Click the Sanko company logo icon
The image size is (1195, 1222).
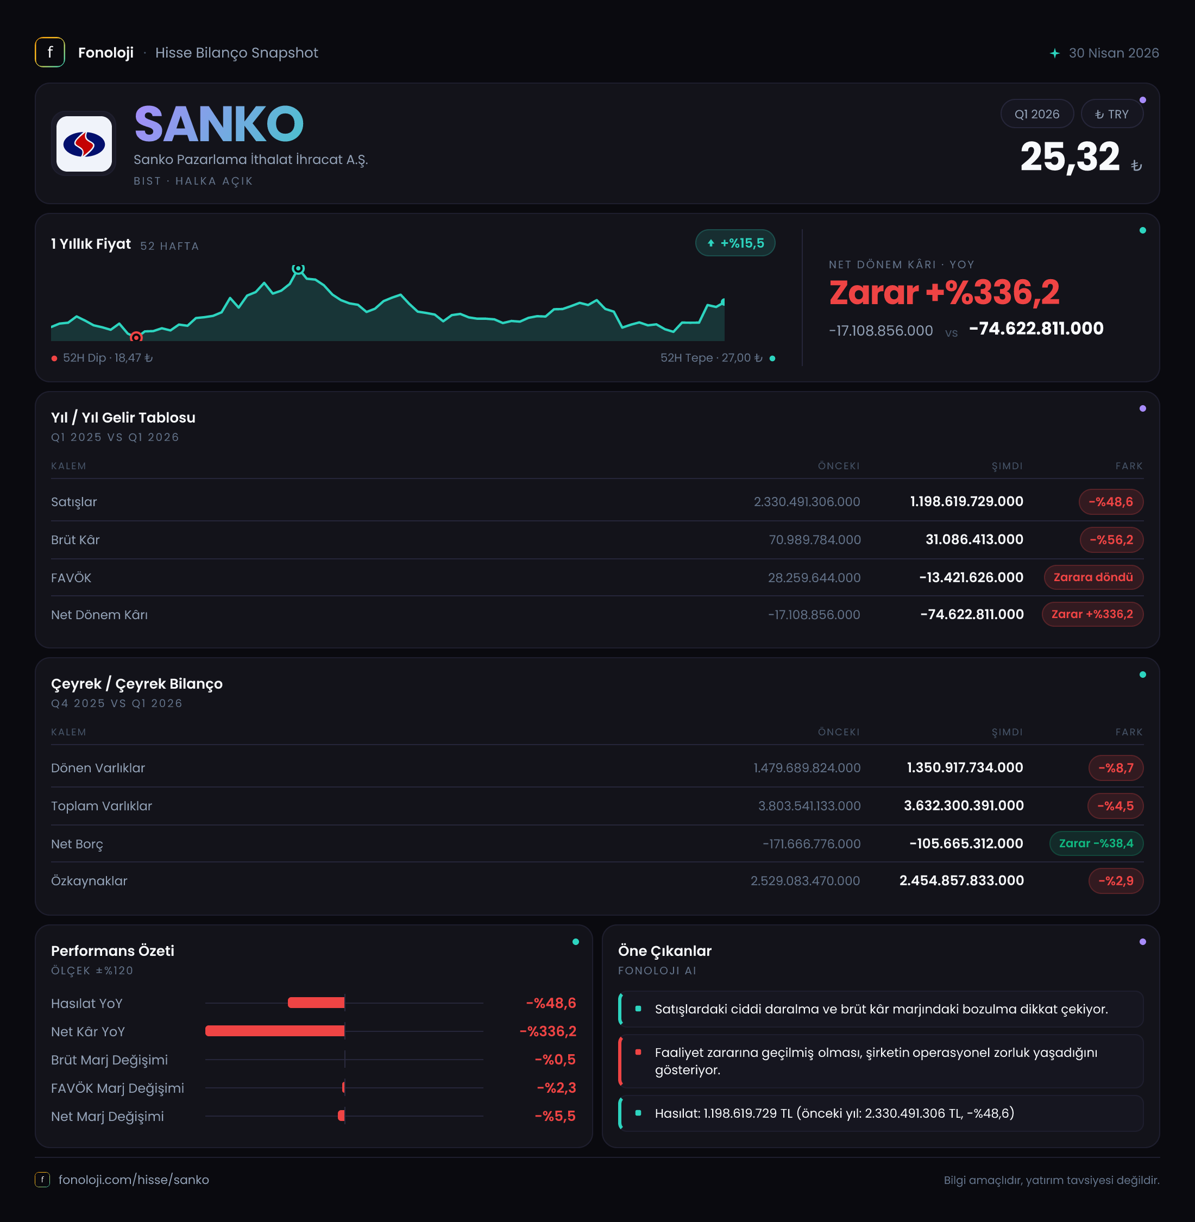84,144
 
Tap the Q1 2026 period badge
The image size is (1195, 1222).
1037,114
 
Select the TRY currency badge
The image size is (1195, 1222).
1111,114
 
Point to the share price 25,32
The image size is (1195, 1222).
1070,157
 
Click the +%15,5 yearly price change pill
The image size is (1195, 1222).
735,243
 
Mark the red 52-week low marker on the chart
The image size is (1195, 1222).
136,337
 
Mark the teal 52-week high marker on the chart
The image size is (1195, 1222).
298,269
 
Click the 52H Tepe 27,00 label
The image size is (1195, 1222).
711,358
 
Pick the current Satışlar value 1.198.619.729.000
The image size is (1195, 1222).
966,501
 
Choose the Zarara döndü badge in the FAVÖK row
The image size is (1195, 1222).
1093,577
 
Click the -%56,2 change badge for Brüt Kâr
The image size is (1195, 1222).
1111,540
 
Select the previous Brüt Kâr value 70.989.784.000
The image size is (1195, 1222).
815,540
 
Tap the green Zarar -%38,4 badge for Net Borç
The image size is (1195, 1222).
1096,843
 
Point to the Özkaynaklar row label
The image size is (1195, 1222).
89,881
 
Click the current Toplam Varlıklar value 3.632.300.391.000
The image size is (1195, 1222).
964,806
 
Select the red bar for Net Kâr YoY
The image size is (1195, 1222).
275,1031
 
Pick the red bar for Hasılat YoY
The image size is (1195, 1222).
316,1003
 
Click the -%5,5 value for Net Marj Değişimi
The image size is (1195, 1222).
555,1117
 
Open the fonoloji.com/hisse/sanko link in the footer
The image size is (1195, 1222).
134,1180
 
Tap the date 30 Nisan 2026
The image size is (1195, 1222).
1114,53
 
